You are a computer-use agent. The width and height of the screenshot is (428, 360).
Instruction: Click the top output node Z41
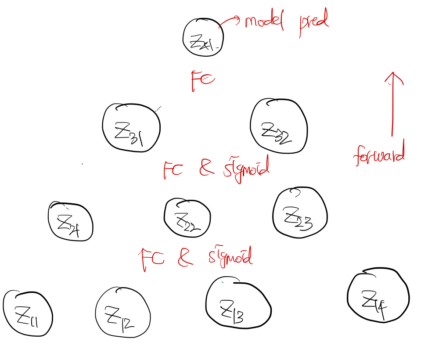pos(203,38)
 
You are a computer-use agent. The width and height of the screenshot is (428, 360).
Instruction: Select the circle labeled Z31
pos(131,129)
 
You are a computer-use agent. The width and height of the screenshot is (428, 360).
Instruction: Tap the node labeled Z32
pos(278,128)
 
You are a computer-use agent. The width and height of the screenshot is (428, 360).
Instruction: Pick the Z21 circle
pos(70,222)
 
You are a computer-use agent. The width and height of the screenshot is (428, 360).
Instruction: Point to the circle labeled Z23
pos(300,213)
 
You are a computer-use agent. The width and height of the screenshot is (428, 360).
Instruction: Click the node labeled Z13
pos(238,303)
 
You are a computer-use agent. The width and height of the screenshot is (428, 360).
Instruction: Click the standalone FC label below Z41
pos(202,80)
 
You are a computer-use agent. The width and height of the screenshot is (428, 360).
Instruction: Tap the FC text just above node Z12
pos(152,259)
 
